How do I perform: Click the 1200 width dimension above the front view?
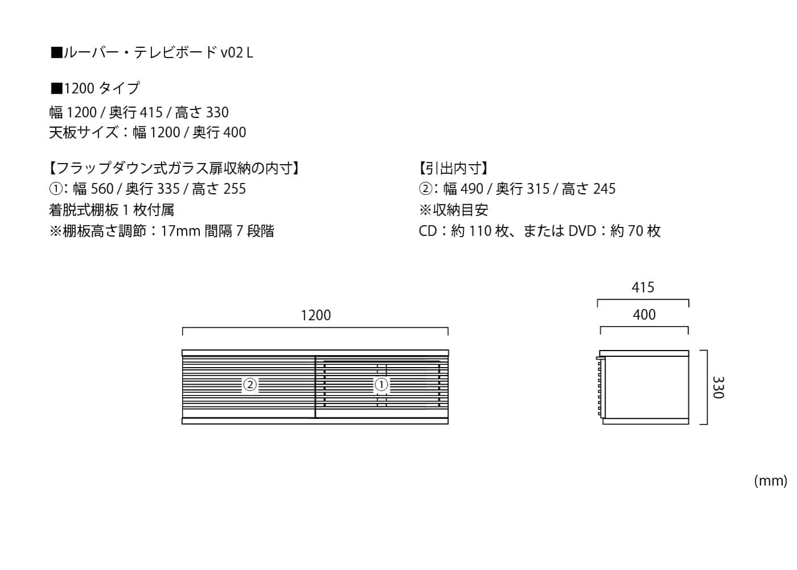point(315,315)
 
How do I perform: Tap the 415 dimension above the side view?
point(643,287)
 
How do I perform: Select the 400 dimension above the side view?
point(644,315)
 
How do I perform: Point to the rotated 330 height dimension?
point(718,388)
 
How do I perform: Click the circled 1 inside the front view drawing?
point(381,385)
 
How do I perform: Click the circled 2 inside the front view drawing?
point(250,385)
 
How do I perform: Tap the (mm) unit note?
point(770,481)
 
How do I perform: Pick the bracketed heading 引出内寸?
point(453,168)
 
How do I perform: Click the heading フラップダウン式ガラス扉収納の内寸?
point(174,168)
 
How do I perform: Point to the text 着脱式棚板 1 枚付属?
point(112,210)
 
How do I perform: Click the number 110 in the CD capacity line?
point(480,231)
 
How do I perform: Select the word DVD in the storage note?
point(581,231)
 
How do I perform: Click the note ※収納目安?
point(453,210)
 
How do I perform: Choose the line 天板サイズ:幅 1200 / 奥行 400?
point(147,132)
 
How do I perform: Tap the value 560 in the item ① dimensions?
point(102,189)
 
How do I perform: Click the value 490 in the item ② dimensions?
point(471,189)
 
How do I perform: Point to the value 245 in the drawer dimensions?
point(604,189)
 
